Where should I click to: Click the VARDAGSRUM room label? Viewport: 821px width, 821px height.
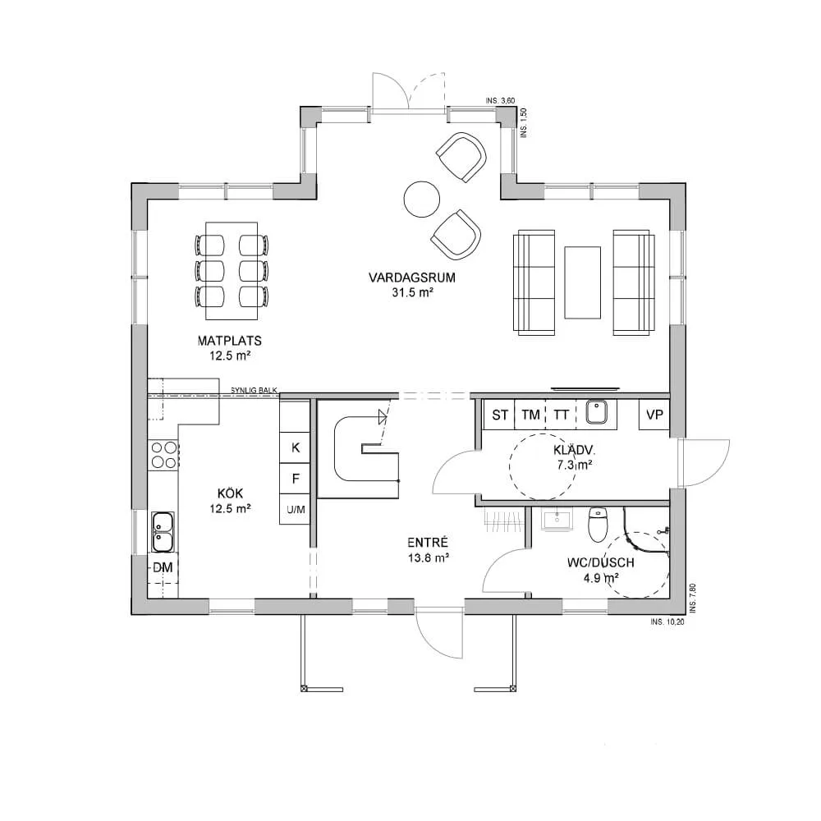click(411, 277)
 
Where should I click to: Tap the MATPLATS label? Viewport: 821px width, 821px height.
click(229, 341)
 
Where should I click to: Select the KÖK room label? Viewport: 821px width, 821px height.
click(231, 493)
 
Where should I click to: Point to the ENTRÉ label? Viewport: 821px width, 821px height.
click(428, 543)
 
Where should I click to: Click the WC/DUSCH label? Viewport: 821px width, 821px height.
click(601, 563)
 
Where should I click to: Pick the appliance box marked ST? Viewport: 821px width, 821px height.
click(499, 415)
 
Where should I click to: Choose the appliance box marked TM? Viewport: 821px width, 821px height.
click(530, 415)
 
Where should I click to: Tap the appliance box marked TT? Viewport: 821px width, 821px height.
click(561, 415)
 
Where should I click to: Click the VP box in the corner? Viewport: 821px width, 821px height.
click(654, 415)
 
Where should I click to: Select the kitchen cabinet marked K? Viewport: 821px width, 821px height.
click(296, 447)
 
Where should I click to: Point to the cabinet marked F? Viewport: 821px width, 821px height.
click(296, 479)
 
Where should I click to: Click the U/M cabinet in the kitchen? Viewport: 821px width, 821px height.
click(296, 510)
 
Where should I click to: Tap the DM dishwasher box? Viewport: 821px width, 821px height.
click(163, 567)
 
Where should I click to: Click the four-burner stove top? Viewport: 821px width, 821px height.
click(164, 455)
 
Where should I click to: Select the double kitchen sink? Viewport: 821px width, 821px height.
click(163, 531)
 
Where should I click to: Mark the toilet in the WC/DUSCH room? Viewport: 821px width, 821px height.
click(597, 525)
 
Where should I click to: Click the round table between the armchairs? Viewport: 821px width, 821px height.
click(421, 200)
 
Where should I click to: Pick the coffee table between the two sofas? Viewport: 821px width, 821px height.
click(582, 282)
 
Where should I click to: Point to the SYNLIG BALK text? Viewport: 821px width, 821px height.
click(254, 391)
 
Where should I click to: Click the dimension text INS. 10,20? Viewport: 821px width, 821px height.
click(667, 622)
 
